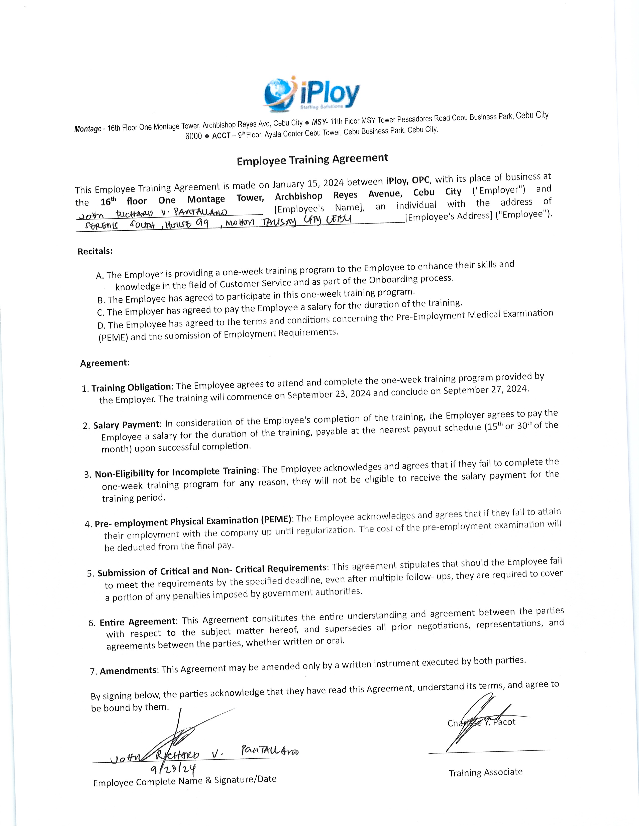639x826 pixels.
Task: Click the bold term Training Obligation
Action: (131, 387)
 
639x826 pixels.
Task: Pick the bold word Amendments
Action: (128, 671)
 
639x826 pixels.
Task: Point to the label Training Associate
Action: (486, 772)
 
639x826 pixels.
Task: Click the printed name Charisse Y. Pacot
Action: (481, 723)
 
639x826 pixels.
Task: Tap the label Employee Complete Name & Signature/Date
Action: (185, 781)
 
